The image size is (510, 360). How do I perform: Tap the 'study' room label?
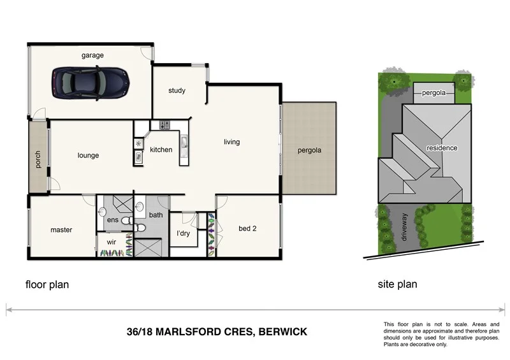pos(177,90)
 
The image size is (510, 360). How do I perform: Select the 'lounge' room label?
pos(88,155)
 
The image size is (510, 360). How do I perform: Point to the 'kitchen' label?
pos(161,150)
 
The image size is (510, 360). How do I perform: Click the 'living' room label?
pos(231,142)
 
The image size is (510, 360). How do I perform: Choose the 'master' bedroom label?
pos(61,229)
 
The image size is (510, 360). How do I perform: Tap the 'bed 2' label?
pos(247,229)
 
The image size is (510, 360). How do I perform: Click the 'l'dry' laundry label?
pos(184,233)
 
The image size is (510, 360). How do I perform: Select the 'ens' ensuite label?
pos(113,220)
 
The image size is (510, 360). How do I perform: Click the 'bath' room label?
pos(156,215)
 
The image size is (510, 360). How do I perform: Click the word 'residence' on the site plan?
pos(442,148)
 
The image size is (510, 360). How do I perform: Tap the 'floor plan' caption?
pos(47,285)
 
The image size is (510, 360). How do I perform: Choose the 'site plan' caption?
pos(397,284)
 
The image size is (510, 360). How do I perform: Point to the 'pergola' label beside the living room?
pos(309,151)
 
